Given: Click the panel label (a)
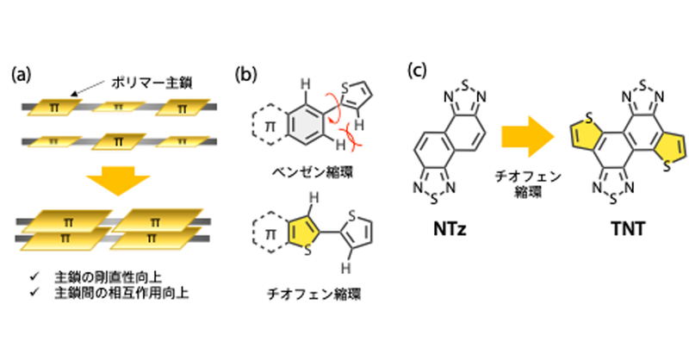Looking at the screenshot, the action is (x=21, y=74).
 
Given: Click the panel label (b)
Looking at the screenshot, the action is (x=245, y=74).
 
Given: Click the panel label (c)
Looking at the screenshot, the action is (x=417, y=71).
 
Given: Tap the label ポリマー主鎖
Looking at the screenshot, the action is (x=152, y=82).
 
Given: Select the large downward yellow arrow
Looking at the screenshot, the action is (x=118, y=179).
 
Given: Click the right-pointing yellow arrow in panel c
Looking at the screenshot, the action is (x=528, y=137).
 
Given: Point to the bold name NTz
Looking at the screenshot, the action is (x=450, y=229).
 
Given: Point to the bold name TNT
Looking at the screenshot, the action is (x=629, y=229).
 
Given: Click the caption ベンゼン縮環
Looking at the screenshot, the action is (x=313, y=172).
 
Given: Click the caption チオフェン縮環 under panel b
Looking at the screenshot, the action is (x=313, y=294).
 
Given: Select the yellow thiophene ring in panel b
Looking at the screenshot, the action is (x=304, y=230).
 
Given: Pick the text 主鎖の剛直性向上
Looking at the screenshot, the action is (x=109, y=277).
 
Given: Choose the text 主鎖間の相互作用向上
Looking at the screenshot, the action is (x=121, y=292).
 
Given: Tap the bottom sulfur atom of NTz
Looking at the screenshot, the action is (x=434, y=201).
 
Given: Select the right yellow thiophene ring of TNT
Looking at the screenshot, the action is (x=670, y=147).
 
